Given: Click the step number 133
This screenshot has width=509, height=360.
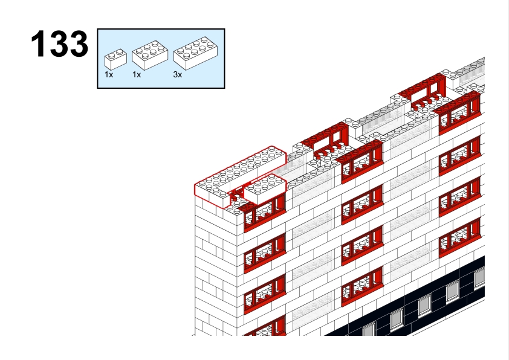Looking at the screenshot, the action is (59, 43).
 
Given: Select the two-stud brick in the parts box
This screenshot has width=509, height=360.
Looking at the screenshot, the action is (115, 59).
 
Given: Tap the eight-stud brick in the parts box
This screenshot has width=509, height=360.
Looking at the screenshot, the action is (196, 53).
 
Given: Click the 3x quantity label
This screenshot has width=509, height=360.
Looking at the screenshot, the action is (178, 74).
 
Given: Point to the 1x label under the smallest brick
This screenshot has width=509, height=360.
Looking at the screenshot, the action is (109, 74).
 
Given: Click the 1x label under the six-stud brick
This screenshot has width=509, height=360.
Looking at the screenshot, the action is (137, 74).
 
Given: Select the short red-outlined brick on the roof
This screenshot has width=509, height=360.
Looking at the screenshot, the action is (265, 189).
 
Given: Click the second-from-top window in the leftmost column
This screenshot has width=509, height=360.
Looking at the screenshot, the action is (265, 253).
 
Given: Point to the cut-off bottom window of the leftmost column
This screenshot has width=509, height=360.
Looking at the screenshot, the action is (265, 327).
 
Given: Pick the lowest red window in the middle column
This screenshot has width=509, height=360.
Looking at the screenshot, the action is (362, 286).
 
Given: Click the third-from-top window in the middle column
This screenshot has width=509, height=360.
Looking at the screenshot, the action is (362, 245).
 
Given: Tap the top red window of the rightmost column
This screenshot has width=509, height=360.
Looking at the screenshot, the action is (459, 114).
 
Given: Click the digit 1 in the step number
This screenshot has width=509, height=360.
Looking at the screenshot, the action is (38, 43).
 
